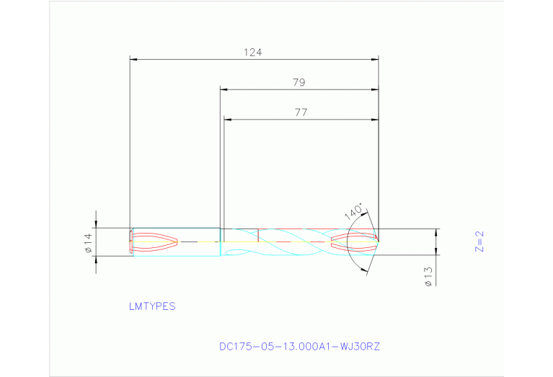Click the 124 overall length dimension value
coord(252,52)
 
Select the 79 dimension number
coord(298,82)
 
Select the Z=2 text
coord(479,241)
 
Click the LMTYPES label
coord(151,306)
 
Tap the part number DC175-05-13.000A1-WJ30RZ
coord(299,347)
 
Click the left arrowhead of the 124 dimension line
coord(133,60)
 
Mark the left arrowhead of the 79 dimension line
coord(224,90)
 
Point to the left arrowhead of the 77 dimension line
coord(228,119)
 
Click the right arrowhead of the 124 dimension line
coord(374,60)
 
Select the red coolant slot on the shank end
coord(154,242)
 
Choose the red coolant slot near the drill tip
coord(353,242)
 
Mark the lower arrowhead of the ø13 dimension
coord(436,252)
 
